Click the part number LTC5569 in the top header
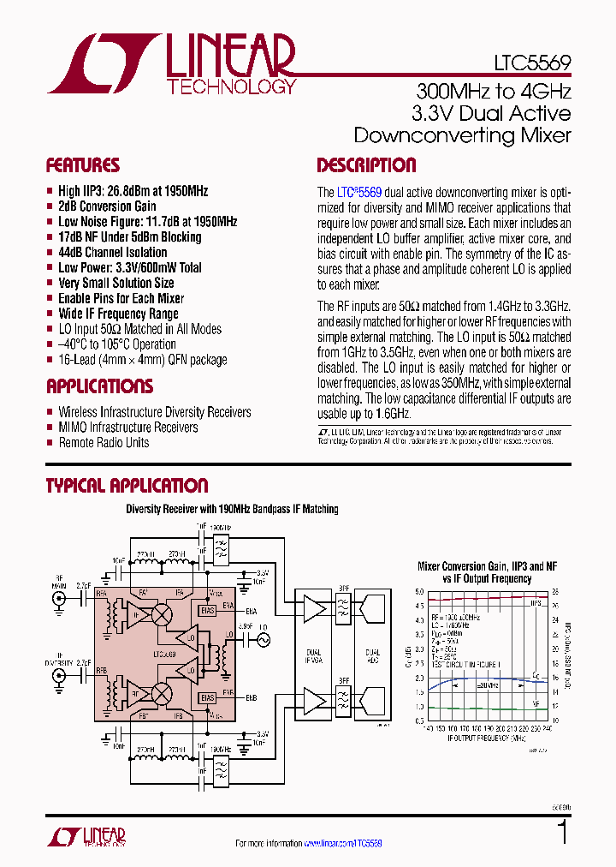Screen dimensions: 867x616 [531, 63]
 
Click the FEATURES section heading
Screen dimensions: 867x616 [83, 165]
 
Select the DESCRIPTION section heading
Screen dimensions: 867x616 [366, 165]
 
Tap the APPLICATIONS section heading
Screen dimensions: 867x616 [99, 386]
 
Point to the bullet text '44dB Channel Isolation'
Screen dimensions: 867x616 [112, 253]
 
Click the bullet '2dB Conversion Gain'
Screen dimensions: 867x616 [107, 206]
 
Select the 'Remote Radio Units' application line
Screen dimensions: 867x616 [104, 443]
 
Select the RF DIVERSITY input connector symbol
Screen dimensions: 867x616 [59, 676]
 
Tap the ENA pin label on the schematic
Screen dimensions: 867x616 [252, 612]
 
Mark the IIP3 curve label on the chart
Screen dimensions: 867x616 [536, 603]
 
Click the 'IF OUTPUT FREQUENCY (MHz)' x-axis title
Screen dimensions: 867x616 [482, 738]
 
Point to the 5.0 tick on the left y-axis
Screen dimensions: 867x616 [419, 592]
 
